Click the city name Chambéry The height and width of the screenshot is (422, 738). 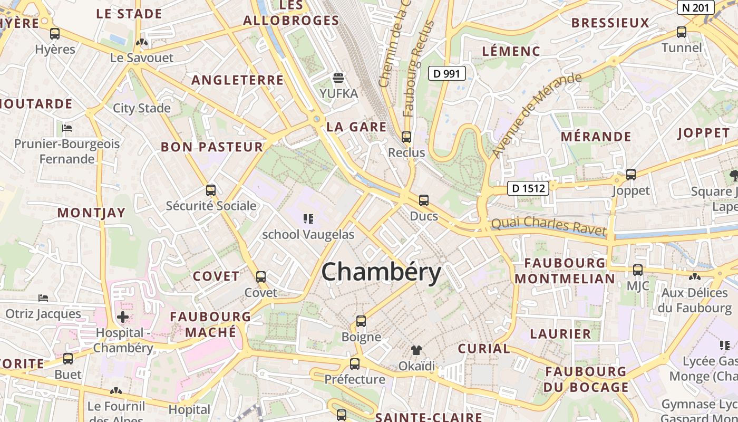pyautogui.click(x=381, y=273)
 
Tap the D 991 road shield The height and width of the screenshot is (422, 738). pyautogui.click(x=446, y=73)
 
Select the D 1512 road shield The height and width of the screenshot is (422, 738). pyautogui.click(x=528, y=188)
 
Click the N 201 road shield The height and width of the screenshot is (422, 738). pyautogui.click(x=695, y=7)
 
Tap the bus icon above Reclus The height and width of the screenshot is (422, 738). pyautogui.click(x=406, y=137)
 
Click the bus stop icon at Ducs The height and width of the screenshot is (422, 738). pyautogui.click(x=423, y=200)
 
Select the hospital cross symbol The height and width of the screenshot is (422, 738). pyautogui.click(x=123, y=317)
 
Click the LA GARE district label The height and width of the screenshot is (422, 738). pyautogui.click(x=356, y=127)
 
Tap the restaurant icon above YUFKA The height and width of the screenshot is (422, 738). pyautogui.click(x=338, y=79)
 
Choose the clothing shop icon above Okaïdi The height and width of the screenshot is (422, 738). pyautogui.click(x=416, y=350)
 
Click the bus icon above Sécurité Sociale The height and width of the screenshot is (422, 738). pyautogui.click(x=211, y=190)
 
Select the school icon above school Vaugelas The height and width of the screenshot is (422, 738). pyautogui.click(x=308, y=218)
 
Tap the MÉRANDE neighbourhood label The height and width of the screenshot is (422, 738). pyautogui.click(x=596, y=137)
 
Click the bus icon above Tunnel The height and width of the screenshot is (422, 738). pyautogui.click(x=681, y=32)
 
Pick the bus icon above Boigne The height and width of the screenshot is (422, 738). pyautogui.click(x=361, y=321)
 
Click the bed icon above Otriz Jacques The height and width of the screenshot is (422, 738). pyautogui.click(x=43, y=298)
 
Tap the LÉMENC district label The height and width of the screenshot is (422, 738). pyautogui.click(x=511, y=51)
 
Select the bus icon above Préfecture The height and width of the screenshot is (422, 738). pyautogui.click(x=354, y=364)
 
